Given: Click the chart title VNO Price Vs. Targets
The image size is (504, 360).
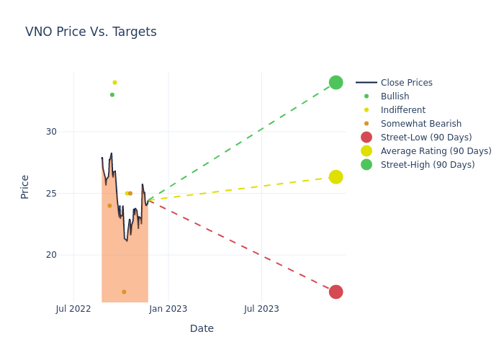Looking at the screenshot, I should [x=91, y=32].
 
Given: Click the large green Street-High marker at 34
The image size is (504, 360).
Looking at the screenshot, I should [x=336, y=83].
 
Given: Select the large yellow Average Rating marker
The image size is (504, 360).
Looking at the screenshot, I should [x=336, y=177].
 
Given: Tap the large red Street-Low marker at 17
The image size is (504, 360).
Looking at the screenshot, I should [x=336, y=292].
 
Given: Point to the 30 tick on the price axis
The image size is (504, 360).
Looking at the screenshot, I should [x=50, y=132].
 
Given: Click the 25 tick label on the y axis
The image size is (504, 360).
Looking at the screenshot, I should [x=50, y=194].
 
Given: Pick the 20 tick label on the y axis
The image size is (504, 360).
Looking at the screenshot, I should [x=50, y=255].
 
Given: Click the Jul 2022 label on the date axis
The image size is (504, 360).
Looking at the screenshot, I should [x=73, y=309].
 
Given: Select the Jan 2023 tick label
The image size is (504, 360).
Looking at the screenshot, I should [x=168, y=309].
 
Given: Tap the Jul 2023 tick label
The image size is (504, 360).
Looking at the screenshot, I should [x=261, y=309].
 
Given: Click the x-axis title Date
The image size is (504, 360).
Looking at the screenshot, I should [x=202, y=329].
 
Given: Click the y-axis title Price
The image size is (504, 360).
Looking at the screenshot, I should [x=25, y=186].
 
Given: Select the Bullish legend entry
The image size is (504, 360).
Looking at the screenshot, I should [x=395, y=96].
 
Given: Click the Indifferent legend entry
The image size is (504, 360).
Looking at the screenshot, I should [x=402, y=110].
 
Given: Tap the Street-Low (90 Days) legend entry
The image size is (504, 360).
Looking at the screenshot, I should [x=426, y=138].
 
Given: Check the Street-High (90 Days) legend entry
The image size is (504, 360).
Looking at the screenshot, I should [x=427, y=165].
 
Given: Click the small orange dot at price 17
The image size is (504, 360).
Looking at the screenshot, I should [x=124, y=292].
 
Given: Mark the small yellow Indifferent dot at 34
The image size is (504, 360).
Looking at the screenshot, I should [x=114, y=83].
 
